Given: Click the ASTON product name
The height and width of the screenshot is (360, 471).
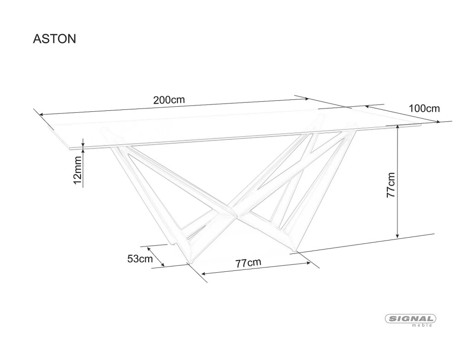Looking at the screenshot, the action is pos(54,39).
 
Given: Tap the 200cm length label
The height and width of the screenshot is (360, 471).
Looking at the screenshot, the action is pos(169,100).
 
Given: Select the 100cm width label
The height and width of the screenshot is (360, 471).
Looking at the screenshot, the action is pos(424,109).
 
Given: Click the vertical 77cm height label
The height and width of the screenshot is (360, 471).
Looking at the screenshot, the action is pos(391,185).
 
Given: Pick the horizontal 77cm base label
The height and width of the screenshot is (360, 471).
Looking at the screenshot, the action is pos(248,263).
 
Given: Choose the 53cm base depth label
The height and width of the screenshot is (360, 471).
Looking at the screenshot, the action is pos(140,258).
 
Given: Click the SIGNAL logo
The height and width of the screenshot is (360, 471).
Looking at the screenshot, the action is pos(410,319).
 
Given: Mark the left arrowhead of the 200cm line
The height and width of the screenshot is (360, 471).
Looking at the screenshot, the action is pos(42,114).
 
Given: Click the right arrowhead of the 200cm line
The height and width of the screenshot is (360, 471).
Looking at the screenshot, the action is pos(306,98).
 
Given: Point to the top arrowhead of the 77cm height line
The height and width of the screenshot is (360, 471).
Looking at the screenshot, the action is pos(397,128).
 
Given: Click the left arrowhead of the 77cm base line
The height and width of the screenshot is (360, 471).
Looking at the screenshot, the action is pos(204,274).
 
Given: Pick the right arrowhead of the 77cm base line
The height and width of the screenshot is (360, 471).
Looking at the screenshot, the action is pos(308,263).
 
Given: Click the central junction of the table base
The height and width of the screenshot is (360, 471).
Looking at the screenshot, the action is pos(234,211).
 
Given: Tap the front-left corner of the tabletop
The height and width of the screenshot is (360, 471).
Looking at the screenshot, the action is pos(70,149).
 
